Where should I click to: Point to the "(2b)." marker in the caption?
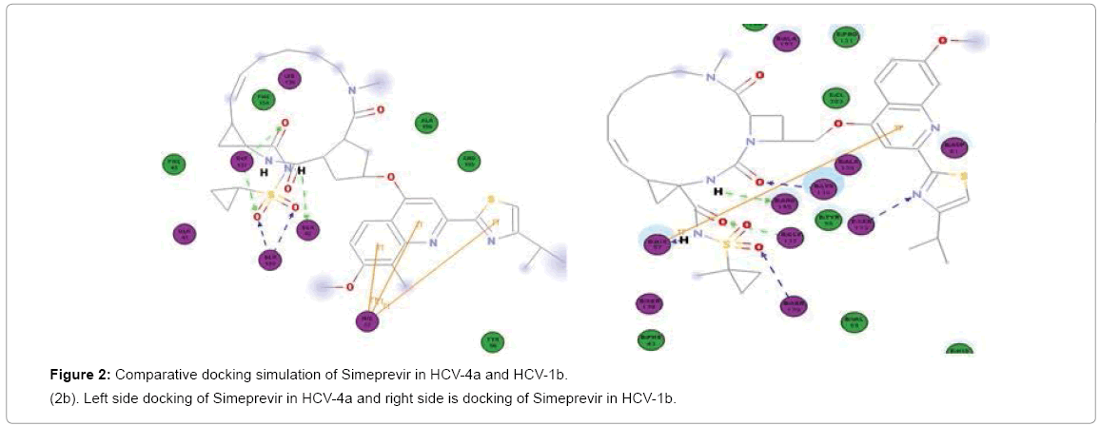click(69, 397)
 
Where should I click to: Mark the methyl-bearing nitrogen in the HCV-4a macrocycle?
click(351, 90)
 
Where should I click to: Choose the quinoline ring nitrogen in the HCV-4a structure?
click(433, 242)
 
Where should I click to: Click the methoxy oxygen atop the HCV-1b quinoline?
click(942, 41)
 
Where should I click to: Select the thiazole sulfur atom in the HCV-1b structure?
click(964, 176)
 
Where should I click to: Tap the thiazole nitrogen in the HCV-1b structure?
click(916, 196)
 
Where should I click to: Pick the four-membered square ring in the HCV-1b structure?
click(765, 126)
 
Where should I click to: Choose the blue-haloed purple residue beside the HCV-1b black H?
click(655, 242)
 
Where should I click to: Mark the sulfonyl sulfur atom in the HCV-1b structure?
click(728, 244)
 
